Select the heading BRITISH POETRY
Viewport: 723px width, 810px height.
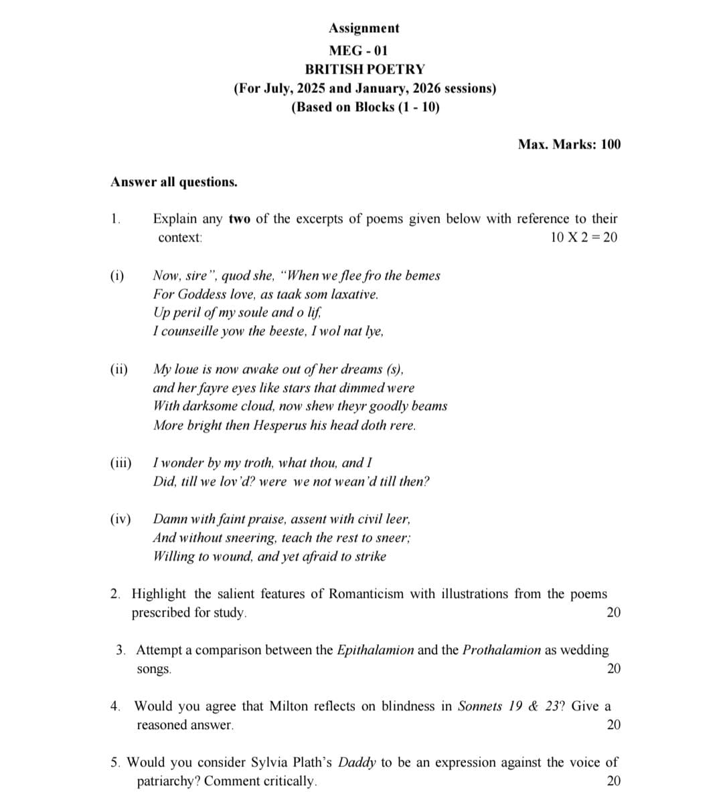364,69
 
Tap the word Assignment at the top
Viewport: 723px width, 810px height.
364,28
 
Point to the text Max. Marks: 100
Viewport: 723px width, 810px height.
569,144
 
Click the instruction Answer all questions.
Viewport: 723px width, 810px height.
174,182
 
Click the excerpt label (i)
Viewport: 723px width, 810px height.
117,276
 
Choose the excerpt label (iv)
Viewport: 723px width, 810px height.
120,519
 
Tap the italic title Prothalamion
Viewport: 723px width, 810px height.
501,650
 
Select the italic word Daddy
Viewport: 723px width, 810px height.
357,763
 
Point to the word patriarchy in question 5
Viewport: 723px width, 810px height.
167,781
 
